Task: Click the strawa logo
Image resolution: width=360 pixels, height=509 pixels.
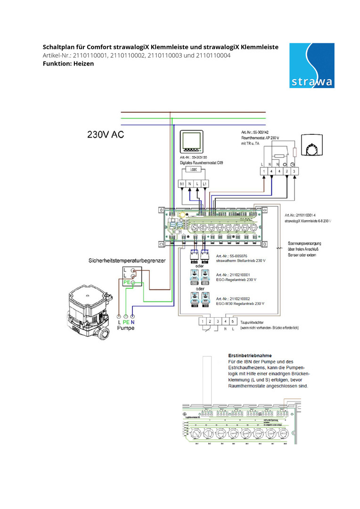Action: coord(312,66)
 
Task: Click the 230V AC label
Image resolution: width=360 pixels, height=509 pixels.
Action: coord(106,134)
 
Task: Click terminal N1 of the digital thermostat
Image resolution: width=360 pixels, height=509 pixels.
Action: coord(182,183)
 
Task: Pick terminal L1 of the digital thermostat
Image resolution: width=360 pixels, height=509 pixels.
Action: coord(205,183)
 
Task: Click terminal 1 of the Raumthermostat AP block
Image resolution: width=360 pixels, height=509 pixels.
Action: coord(264,172)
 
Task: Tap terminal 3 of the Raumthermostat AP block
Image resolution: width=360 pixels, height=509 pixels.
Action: coord(295,172)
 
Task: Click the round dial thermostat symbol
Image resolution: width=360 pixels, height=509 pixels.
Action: coord(312,149)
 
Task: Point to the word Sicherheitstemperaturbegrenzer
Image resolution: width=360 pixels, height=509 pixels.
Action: coord(126,260)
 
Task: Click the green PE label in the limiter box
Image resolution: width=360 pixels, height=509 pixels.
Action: coord(126,282)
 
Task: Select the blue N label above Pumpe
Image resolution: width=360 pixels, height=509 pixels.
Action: coord(133,322)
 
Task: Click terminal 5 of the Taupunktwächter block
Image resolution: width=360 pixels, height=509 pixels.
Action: coord(233,321)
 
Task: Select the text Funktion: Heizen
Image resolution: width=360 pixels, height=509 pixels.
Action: coord(68,63)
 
